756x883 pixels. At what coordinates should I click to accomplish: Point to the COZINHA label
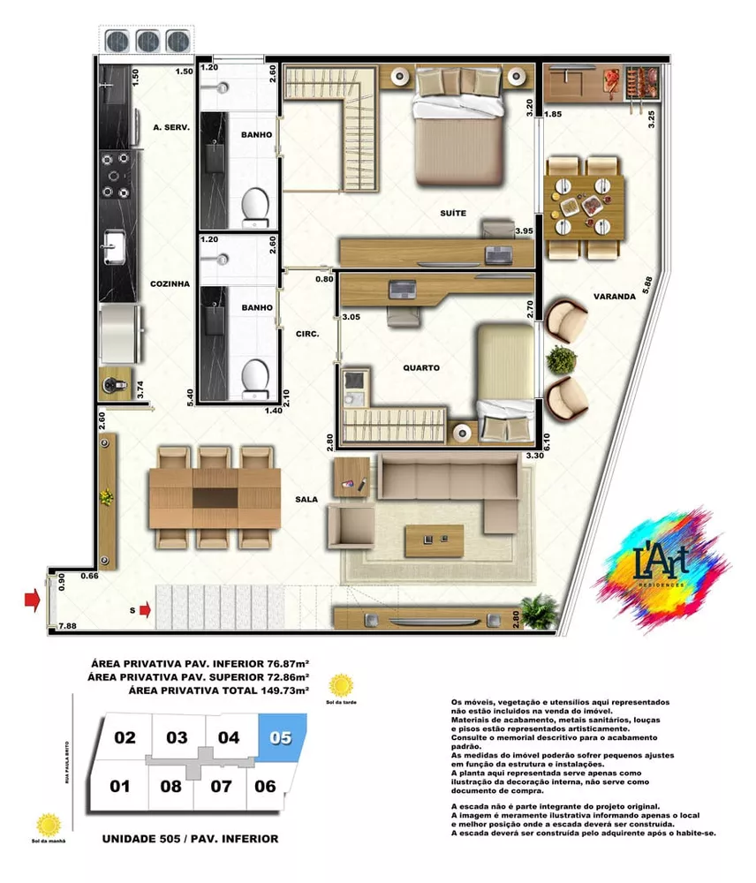point(170,284)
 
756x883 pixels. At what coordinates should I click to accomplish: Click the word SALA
point(306,499)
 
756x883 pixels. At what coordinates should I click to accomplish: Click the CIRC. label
point(307,335)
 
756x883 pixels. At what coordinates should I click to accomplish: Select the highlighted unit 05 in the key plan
point(282,736)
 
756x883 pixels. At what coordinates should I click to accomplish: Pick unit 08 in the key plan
point(170,786)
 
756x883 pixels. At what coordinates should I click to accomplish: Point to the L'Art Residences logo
point(662,565)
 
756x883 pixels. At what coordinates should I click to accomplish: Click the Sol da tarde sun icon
point(340,684)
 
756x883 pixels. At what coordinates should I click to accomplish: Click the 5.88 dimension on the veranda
point(650,287)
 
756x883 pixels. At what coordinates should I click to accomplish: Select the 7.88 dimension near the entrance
point(66,627)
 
